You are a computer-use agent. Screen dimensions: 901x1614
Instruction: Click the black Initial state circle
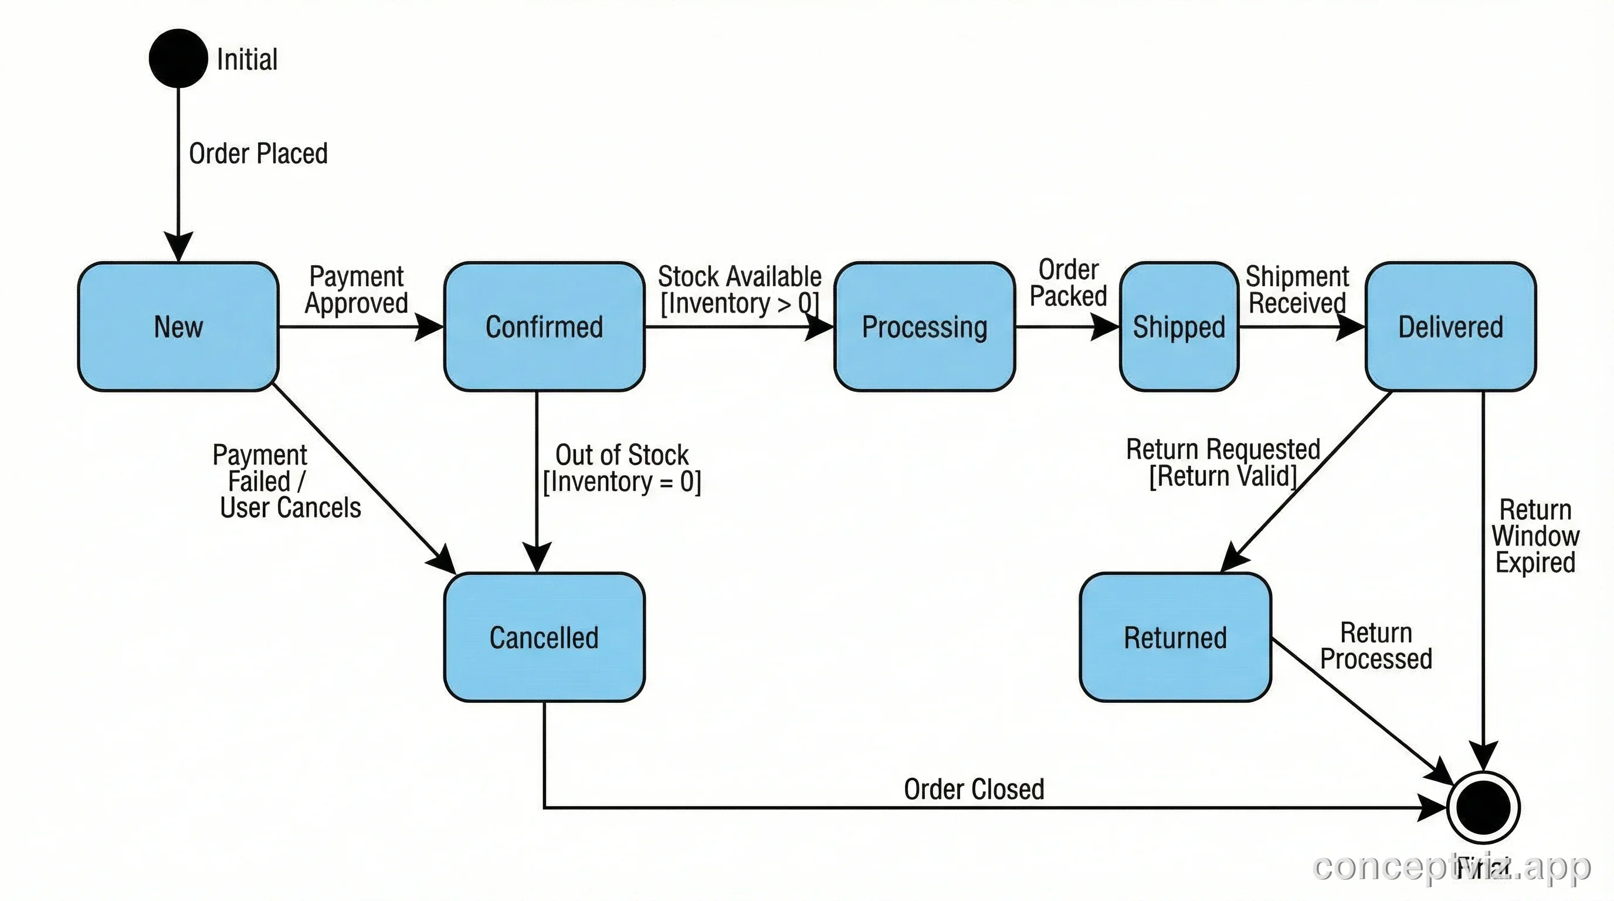coord(178,58)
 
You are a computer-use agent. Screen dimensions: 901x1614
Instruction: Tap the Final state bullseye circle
coord(1483,808)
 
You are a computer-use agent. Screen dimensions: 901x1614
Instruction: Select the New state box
coord(178,327)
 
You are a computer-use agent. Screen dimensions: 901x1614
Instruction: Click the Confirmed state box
coord(544,327)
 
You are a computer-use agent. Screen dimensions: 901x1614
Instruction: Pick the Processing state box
coord(924,327)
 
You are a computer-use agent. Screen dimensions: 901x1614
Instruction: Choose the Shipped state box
coord(1179,327)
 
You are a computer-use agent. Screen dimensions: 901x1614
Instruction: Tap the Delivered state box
coord(1450,327)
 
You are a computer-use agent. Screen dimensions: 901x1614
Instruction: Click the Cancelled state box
coord(544,637)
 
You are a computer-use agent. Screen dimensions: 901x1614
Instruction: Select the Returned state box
coord(1175,637)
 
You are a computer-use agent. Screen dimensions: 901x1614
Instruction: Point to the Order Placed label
coord(258,154)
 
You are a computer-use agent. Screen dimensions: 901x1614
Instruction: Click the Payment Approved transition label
coord(357,289)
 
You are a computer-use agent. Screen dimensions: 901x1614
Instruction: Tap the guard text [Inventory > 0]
coord(740,304)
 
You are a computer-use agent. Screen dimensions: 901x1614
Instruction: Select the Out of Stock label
coord(622,455)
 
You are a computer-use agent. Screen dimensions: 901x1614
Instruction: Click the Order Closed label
coord(974,789)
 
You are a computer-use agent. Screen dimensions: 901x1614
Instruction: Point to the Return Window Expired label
coord(1535,536)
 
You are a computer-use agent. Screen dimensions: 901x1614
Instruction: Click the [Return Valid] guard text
coord(1222,476)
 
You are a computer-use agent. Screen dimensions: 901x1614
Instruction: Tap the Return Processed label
coord(1376,645)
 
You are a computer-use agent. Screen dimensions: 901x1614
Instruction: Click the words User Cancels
coord(291,507)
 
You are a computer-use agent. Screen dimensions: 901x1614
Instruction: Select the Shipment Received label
coord(1297,289)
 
